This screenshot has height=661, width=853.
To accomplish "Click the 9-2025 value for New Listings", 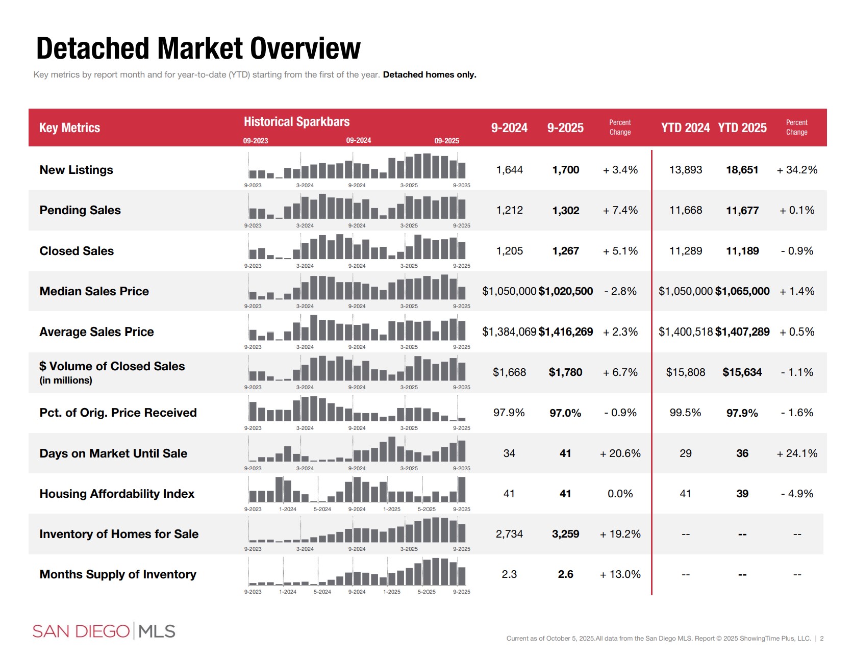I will point(565,170).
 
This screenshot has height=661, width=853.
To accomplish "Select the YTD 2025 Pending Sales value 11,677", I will point(742,211).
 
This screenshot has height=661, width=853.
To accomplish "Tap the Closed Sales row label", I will point(77,251).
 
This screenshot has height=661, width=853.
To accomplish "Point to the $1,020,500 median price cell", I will point(565,291).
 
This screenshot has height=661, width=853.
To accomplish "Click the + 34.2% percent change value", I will point(796,170).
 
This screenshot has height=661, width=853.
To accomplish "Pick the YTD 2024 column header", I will point(685,128).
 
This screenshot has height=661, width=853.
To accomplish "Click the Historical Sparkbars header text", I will point(296,122).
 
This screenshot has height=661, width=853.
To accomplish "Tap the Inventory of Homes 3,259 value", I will point(565,534).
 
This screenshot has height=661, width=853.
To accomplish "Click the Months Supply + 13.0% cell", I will point(620,574).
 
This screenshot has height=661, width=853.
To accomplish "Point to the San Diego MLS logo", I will point(104,631).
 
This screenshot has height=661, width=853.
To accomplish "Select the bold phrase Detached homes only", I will point(430,74).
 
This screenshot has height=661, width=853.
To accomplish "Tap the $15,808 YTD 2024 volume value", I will point(685,372).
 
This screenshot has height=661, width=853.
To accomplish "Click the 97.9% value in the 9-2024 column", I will point(509,413).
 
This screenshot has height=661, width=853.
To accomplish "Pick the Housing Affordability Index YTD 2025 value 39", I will point(742,494).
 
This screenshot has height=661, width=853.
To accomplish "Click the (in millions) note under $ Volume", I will point(66,380).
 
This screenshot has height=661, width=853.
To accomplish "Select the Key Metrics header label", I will point(69,128).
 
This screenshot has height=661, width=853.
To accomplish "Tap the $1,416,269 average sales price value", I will point(565,332).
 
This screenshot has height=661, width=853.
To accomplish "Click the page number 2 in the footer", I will point(821,639).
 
